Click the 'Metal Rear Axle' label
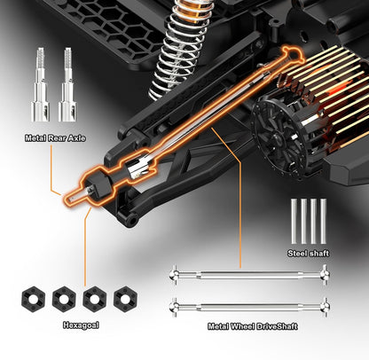pyautogui.click(x=55, y=138)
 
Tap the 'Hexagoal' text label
pyautogui.click(x=81, y=325)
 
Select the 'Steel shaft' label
pyautogui.click(x=308, y=254)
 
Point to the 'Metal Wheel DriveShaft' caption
pyautogui.click(x=253, y=326)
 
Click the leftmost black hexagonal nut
pyautogui.click(x=33, y=299)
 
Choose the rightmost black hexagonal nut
pyautogui.click(x=125, y=299)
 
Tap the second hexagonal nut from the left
pyautogui.click(x=64, y=299)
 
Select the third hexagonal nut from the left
pyautogui.click(x=95, y=299)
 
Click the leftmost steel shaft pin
pyautogui.click(x=294, y=222)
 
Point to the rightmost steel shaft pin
pyautogui.click(x=323, y=222)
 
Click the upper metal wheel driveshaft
pyautogui.click(x=250, y=276)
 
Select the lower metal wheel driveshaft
pyautogui.click(x=250, y=308)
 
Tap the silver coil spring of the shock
pyautogui.click(x=180, y=47)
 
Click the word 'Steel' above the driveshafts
pyautogui.click(x=298, y=254)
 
